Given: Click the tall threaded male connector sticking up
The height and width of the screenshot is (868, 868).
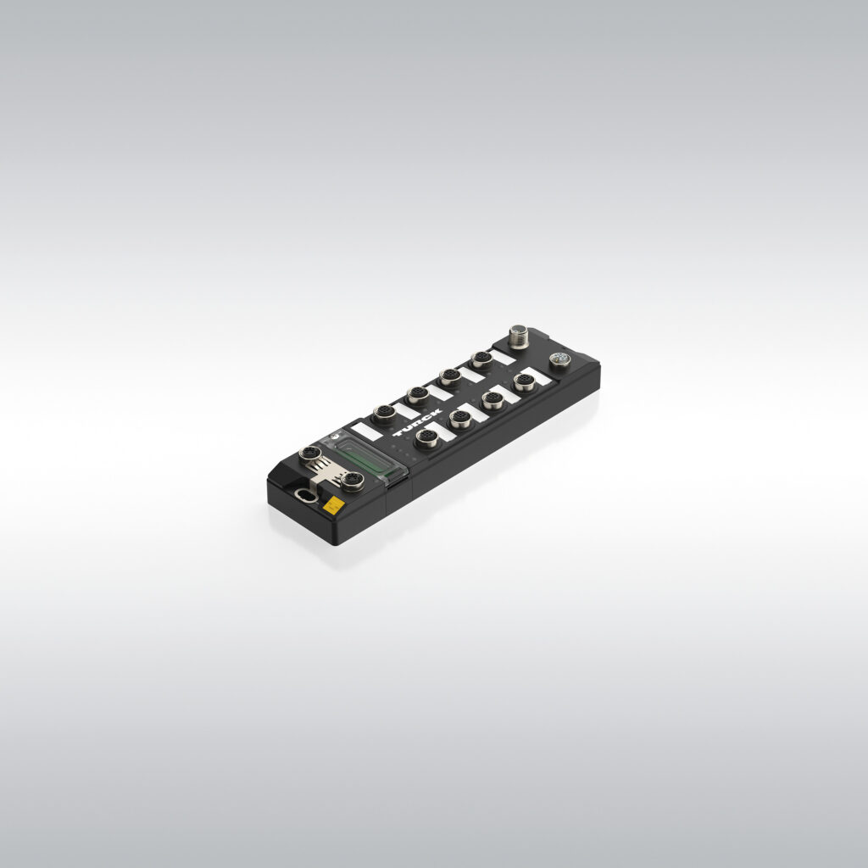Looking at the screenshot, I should coord(517,335).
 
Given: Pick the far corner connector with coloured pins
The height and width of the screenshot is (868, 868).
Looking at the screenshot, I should coord(559,360).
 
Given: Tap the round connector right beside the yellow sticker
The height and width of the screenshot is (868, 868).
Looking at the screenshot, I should coord(353,481).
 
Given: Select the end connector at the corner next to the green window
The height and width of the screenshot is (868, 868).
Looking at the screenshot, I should coord(310,453).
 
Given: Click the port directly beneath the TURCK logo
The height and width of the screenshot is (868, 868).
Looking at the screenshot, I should coord(426,437).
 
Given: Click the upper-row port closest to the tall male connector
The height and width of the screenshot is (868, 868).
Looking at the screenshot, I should coord(481,359).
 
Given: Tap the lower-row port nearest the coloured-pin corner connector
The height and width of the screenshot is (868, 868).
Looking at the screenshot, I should coord(525,382).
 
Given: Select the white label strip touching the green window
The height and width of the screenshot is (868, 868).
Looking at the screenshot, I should coord(367,431).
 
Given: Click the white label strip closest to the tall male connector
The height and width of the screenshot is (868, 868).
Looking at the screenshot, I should coord(503,357).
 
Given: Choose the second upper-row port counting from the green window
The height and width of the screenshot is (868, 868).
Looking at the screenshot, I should coord(417,395).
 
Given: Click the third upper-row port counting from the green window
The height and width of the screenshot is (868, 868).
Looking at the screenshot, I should coord(450,377).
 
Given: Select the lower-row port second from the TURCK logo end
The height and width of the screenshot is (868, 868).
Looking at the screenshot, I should coord(459,419).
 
